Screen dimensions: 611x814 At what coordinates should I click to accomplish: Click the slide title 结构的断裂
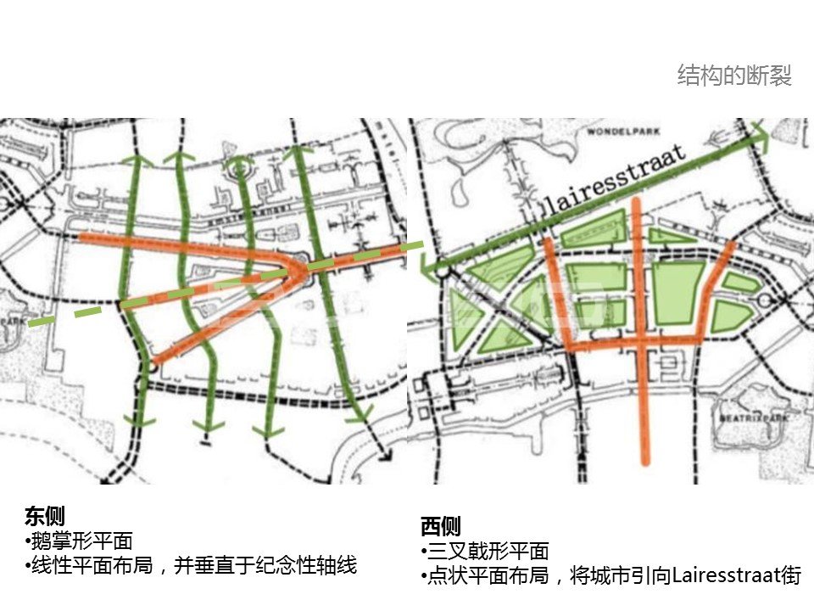pyautogui.click(x=734, y=76)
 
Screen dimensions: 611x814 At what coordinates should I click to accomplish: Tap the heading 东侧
pyautogui.click(x=45, y=516)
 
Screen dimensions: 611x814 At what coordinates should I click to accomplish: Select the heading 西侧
pyautogui.click(x=440, y=526)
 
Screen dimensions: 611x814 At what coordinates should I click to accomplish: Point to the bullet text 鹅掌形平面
pyautogui.click(x=81, y=541)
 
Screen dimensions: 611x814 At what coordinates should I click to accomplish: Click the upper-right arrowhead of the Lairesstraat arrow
pyautogui.click(x=757, y=134)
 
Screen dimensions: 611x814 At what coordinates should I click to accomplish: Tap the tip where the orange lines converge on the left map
pyautogui.click(x=305, y=268)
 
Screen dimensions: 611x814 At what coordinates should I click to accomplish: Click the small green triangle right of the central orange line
pyautogui.click(x=669, y=236)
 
